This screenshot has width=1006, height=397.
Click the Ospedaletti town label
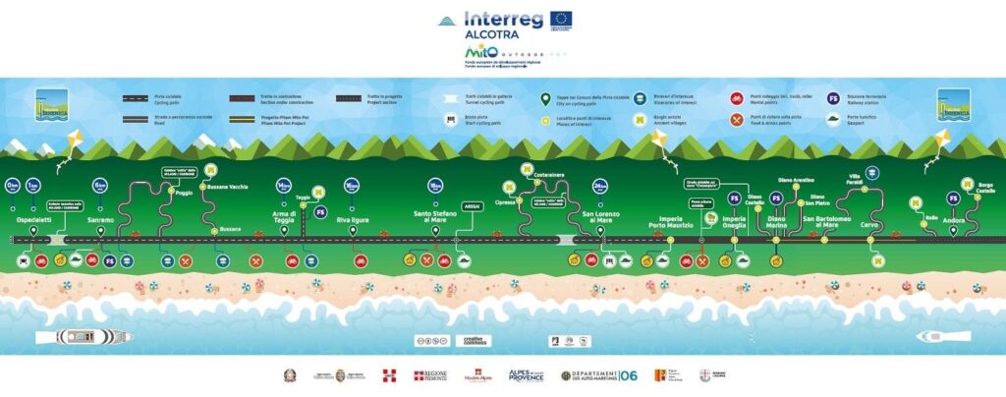33,219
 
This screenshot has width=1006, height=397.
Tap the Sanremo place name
100,219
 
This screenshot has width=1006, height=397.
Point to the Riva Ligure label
351,219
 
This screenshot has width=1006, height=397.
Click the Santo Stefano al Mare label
435,217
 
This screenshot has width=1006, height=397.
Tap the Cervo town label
869,223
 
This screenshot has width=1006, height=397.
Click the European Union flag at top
561,20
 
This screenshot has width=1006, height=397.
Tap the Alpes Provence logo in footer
526,376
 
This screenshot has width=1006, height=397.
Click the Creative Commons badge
475,340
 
